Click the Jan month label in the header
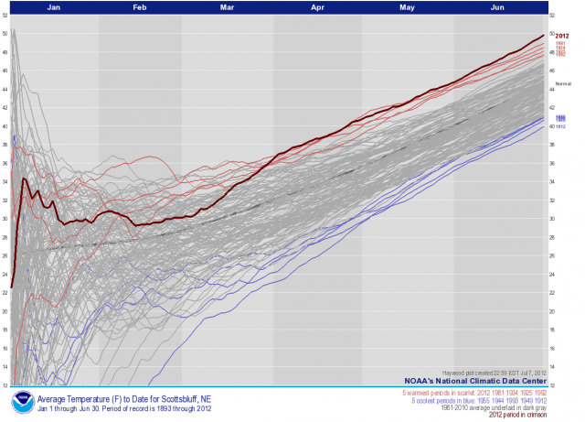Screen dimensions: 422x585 [x=55, y=6]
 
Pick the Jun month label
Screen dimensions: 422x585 [x=497, y=6]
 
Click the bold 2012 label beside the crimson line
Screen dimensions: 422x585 [x=562, y=35]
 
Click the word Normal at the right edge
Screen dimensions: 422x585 [x=562, y=83]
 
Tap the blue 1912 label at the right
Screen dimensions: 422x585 [x=559, y=126]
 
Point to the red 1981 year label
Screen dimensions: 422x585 [x=561, y=43]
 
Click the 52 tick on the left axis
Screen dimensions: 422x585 [x=5, y=16]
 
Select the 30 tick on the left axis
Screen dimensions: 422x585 [x=5, y=219]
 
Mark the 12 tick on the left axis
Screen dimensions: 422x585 [x=5, y=384]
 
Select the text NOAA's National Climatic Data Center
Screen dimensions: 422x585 [x=479, y=380]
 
